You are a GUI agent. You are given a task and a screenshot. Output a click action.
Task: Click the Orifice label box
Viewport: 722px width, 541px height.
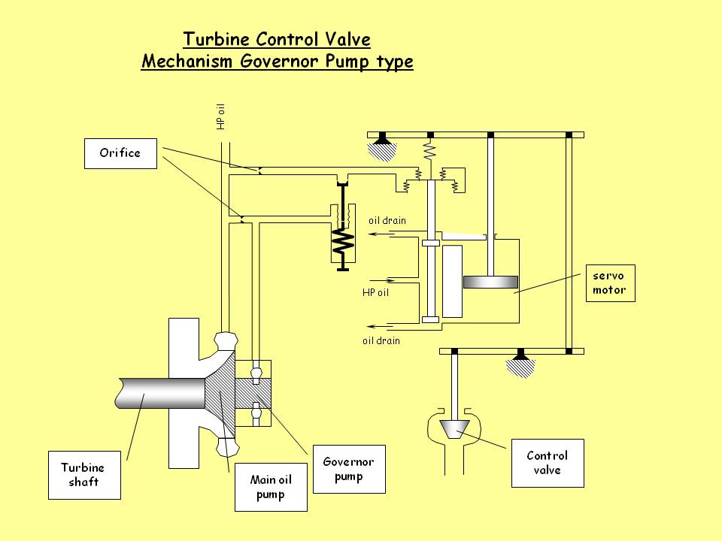coord(120,153)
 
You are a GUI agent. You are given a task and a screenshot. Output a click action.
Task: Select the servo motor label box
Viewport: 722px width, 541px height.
coord(610,283)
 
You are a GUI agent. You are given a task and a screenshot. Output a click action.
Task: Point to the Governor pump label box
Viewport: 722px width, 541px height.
coord(348,470)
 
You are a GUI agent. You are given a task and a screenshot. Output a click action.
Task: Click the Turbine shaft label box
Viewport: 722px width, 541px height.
coord(83,474)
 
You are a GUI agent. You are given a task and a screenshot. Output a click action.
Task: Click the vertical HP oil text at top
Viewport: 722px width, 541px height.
coord(221,116)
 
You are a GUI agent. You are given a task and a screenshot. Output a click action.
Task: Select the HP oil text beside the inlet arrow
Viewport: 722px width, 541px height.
coord(375,292)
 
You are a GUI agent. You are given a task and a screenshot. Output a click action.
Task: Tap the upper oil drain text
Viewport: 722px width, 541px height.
coord(387,221)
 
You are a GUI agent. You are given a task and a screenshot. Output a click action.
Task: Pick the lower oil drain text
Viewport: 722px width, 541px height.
coord(381,340)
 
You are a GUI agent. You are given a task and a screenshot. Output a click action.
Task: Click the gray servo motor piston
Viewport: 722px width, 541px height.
coord(490,283)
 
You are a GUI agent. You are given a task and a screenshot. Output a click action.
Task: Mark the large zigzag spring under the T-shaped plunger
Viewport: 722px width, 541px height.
coord(343,241)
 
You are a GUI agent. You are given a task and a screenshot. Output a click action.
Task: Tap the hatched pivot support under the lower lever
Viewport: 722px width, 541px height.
coord(520,366)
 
